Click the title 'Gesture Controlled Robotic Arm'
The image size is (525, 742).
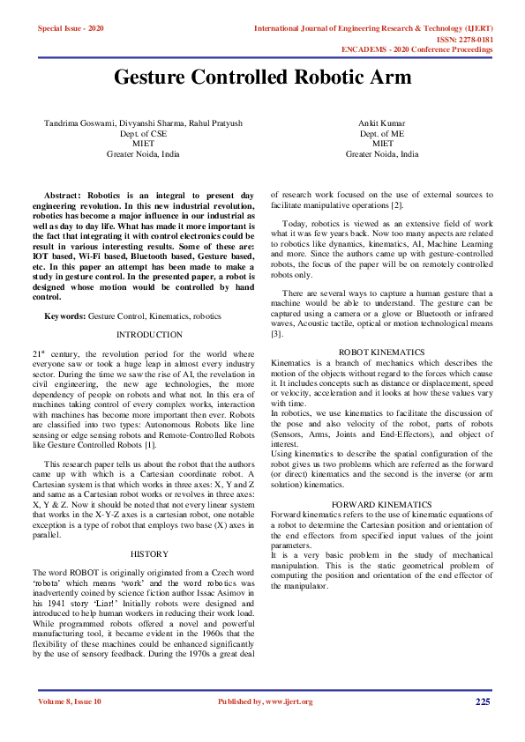click(x=262, y=77)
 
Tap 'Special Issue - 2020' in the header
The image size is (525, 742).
click(x=71, y=29)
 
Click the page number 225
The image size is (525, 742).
click(x=483, y=701)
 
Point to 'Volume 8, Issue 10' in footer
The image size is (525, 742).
click(x=70, y=701)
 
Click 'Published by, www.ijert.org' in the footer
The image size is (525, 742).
click(x=265, y=701)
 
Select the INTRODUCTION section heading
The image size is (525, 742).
click(x=149, y=335)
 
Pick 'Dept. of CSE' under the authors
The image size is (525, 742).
click(x=143, y=133)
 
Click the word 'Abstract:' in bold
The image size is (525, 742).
click(x=63, y=193)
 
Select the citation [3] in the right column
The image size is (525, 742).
click(x=276, y=334)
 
